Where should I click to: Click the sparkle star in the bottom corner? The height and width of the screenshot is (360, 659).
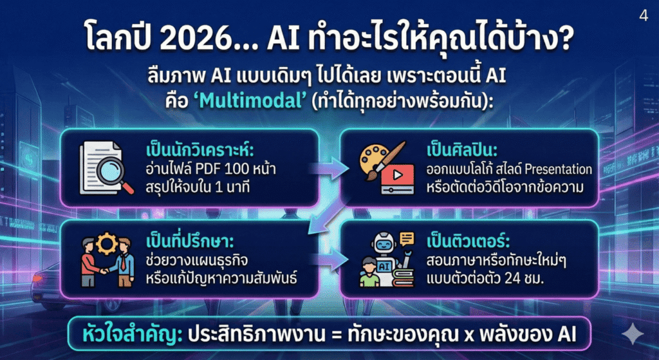tap(633, 334)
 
